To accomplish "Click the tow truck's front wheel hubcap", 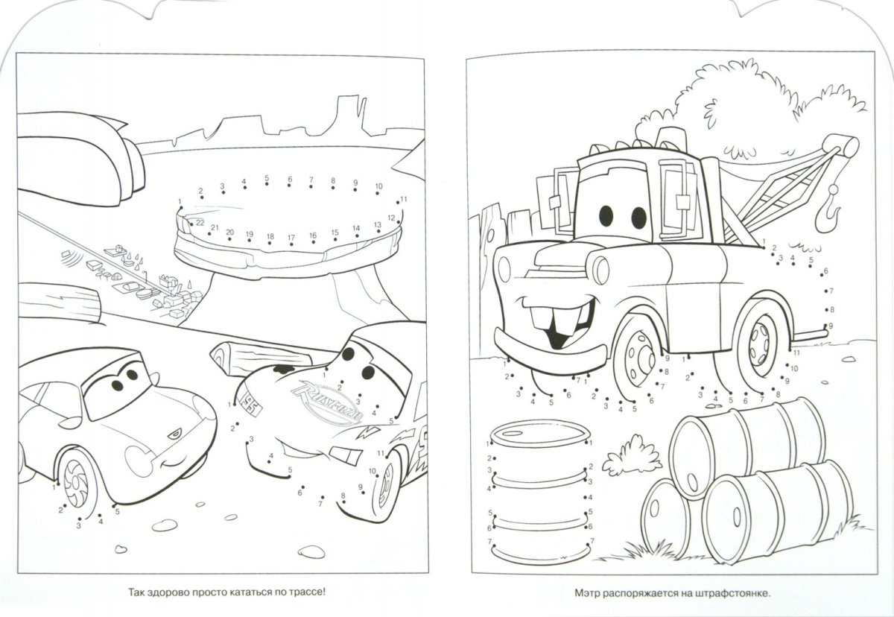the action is pyautogui.click(x=638, y=359).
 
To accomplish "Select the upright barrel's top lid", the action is pyautogui.click(x=540, y=434).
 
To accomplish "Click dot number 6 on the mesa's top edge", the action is pyautogui.click(x=290, y=186).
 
